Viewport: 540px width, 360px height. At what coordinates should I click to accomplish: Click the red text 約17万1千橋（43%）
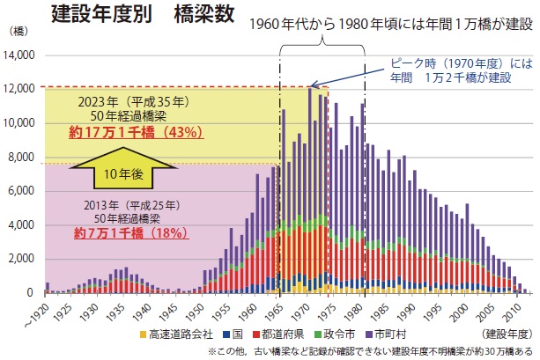(x=137, y=133)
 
